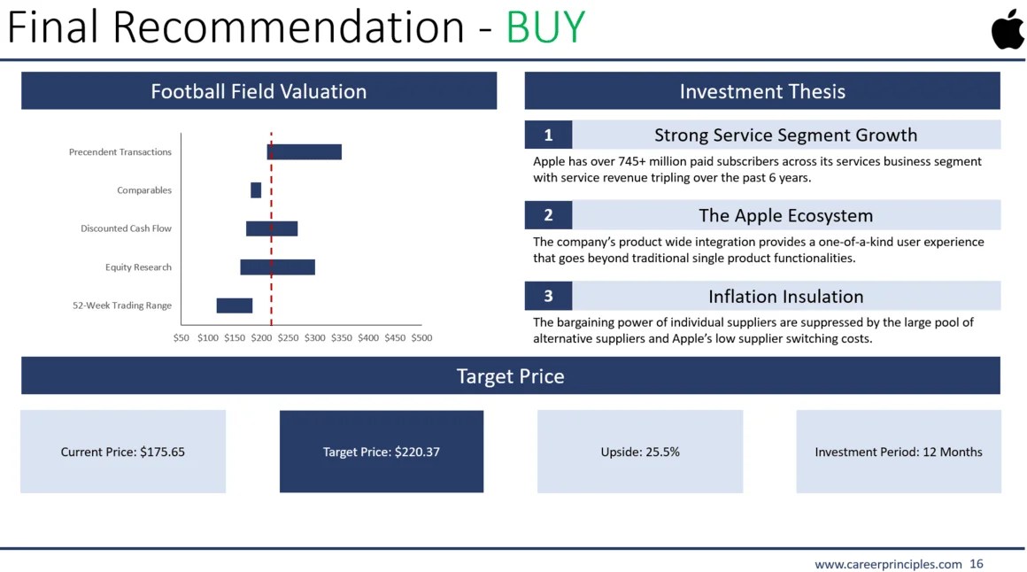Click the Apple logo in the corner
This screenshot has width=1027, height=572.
click(x=1008, y=29)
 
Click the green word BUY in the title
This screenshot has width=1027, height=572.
click(x=545, y=27)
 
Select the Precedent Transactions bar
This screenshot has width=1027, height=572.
click(x=305, y=152)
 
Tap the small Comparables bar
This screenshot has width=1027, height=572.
click(x=256, y=190)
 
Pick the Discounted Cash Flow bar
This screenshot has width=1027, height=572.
click(x=272, y=228)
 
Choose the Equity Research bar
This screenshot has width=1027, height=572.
click(x=278, y=267)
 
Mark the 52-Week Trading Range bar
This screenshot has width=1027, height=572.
click(x=235, y=305)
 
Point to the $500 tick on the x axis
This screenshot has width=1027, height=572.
click(x=421, y=338)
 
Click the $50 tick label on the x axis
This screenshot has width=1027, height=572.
click(x=181, y=338)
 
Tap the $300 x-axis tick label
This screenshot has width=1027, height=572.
click(x=315, y=338)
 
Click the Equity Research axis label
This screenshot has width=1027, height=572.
click(x=138, y=267)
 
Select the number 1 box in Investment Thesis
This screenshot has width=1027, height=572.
click(x=548, y=135)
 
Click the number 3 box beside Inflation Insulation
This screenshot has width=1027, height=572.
click(x=548, y=296)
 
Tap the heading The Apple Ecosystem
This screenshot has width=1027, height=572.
click(x=786, y=215)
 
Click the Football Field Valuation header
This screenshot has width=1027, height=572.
click(x=259, y=91)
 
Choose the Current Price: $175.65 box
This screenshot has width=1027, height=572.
click(x=123, y=452)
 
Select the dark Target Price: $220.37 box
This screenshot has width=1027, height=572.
click(x=382, y=452)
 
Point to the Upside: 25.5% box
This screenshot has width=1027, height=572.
click(x=640, y=452)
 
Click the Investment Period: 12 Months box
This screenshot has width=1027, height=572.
click(x=899, y=452)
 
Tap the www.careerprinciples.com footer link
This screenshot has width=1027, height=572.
click(x=888, y=564)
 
